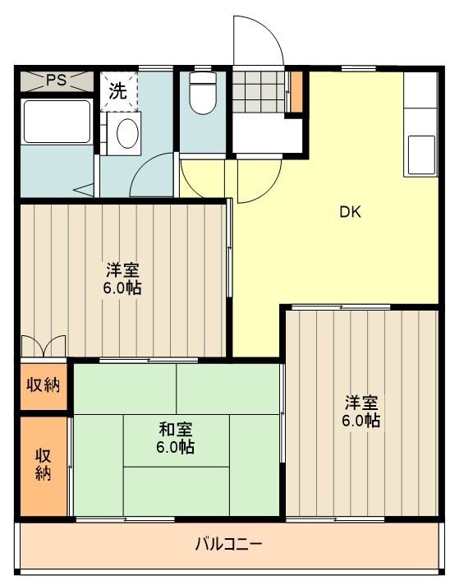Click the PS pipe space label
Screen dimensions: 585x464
[x=56, y=81]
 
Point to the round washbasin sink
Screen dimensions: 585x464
[x=126, y=133]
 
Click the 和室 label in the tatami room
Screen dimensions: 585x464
[x=176, y=430]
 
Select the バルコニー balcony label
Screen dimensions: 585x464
[x=229, y=544]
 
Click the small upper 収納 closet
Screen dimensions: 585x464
[x=43, y=384]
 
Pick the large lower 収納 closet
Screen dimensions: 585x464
[x=43, y=466]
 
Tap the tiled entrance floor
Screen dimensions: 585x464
[x=259, y=92]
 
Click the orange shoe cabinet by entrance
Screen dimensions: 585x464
[x=296, y=92]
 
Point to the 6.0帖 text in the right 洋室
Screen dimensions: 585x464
[x=362, y=421]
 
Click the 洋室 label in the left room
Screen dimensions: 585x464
[x=122, y=269]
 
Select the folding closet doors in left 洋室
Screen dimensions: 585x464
[x=43, y=346]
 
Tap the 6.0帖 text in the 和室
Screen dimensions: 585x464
[x=176, y=448]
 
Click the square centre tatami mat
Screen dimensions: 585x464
[x=176, y=440]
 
